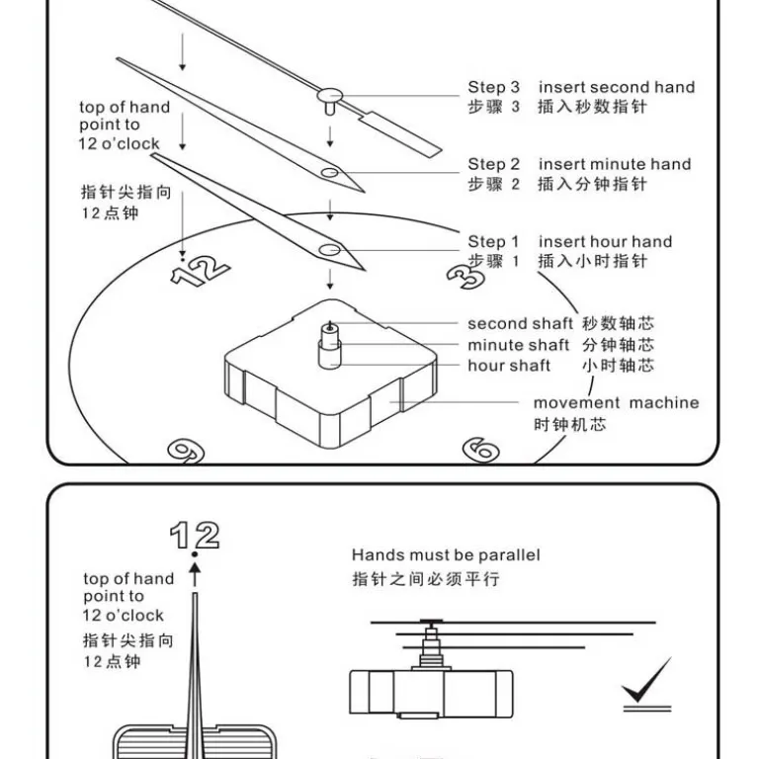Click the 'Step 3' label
click(x=493, y=88)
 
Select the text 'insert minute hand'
click(x=615, y=165)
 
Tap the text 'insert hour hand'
click(x=605, y=241)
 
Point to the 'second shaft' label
click(x=520, y=323)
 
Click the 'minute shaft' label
click(x=518, y=345)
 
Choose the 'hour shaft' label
click(x=509, y=366)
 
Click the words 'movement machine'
click(x=617, y=403)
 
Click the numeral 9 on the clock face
click(x=187, y=451)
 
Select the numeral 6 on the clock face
click(x=480, y=450)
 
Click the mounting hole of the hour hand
click(x=330, y=250)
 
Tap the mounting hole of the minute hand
click(x=330, y=172)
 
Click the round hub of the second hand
click(x=330, y=95)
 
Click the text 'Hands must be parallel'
click(x=446, y=555)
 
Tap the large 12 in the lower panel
click(x=195, y=535)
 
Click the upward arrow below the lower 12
click(x=195, y=574)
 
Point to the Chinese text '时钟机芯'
click(x=569, y=425)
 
